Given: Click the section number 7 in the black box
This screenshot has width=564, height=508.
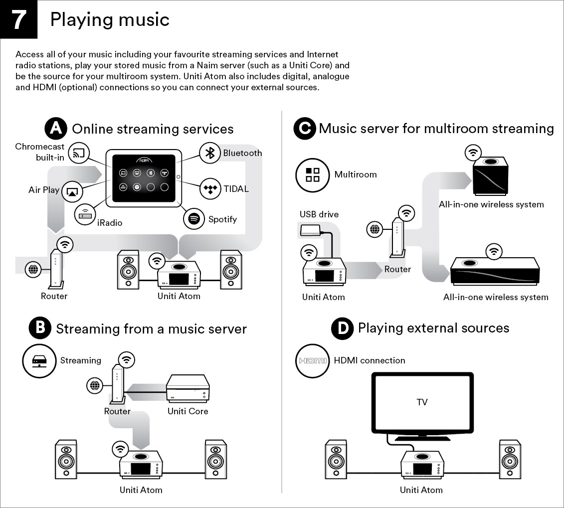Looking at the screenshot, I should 19,19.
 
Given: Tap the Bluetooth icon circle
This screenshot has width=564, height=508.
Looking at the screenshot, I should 210,153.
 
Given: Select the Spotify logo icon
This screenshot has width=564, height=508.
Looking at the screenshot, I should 194,219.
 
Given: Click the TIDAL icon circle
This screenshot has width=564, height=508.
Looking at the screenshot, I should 210,189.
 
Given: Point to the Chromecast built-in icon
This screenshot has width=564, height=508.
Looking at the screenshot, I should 79,153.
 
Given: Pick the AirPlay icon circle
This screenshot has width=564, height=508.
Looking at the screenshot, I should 72,191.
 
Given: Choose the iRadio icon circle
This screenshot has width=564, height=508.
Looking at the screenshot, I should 85,215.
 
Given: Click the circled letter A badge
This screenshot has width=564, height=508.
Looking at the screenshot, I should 56,129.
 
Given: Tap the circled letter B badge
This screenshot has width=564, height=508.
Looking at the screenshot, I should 40,328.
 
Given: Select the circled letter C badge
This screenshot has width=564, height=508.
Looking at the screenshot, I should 304,129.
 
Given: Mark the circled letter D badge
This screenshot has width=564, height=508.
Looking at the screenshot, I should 343,328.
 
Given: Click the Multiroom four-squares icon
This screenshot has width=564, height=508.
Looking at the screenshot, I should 312,175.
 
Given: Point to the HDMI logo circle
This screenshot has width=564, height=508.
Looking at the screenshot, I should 313,360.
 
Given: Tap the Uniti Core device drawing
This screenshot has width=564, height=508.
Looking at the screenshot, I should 188,388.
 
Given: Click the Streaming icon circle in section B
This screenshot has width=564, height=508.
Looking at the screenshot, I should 39,360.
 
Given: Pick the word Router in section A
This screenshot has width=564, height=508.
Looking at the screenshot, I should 54,296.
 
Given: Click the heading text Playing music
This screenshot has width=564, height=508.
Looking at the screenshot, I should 110,19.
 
